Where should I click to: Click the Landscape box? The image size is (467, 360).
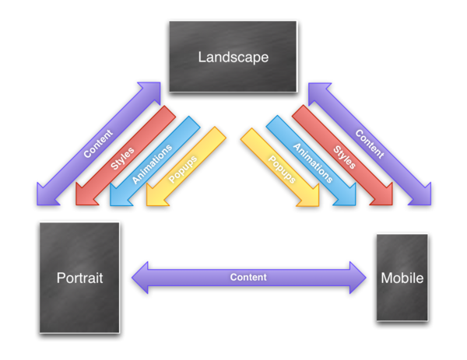233,57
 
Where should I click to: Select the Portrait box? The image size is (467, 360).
81,278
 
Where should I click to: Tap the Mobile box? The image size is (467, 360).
402,278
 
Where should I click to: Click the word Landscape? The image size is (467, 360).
233,58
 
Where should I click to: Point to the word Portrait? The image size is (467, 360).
80,278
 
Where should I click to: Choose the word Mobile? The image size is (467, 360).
402,278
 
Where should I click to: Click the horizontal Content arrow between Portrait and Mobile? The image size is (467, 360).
249,278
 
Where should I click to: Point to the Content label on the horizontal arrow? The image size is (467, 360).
249,278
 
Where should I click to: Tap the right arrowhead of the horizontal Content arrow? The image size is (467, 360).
357,278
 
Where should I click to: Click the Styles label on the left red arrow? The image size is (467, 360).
124,156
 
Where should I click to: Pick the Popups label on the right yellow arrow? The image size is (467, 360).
281,170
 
